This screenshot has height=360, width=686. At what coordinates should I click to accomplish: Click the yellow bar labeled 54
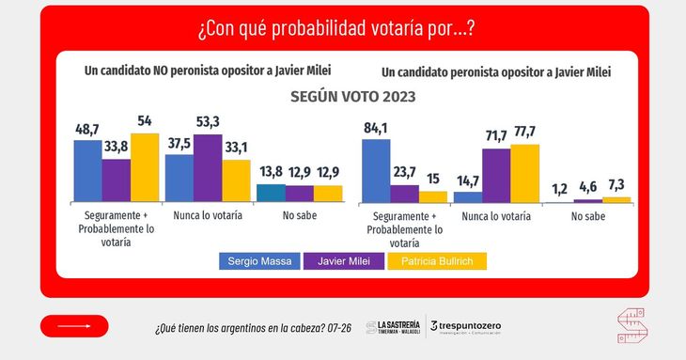[x=145, y=167]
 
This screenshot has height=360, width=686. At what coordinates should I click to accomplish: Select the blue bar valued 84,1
[x=376, y=171]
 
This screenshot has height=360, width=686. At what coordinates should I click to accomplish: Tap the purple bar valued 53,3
[x=208, y=168]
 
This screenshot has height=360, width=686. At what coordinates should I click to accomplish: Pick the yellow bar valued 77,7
[x=525, y=174]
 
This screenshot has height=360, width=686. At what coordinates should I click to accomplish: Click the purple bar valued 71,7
[x=496, y=176]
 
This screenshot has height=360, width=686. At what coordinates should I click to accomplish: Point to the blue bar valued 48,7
[x=88, y=171]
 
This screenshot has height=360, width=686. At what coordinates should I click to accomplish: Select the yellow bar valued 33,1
[x=236, y=180]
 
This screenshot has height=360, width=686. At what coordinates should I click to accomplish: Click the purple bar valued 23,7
[x=404, y=194]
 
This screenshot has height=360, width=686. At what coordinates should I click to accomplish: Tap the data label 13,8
[x=271, y=171]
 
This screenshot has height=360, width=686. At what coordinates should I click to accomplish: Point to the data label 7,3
[x=616, y=185]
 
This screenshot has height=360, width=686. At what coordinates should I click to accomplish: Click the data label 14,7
[x=468, y=181]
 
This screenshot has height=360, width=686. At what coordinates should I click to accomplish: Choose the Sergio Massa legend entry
[x=259, y=261]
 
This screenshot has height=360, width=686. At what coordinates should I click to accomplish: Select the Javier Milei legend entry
[x=344, y=261]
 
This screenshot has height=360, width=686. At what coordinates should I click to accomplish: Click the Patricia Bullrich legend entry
[x=437, y=261]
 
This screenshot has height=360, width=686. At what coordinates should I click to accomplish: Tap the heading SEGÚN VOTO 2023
[x=353, y=97]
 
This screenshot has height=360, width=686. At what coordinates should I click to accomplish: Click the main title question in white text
[x=336, y=29]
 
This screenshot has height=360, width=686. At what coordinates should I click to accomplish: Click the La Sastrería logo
[x=393, y=327]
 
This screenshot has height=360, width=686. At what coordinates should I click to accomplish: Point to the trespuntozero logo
[x=465, y=327]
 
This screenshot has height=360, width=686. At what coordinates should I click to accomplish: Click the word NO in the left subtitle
[x=160, y=70]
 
